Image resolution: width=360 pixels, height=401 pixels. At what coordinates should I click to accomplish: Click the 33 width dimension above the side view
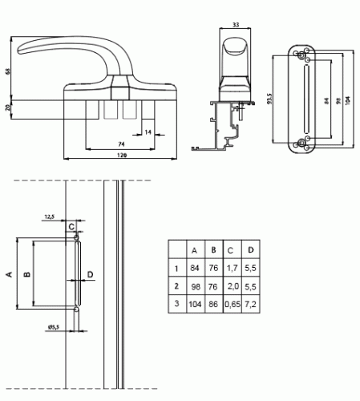pos(236,25)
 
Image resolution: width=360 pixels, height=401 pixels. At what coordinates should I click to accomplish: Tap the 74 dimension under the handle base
pos(121,144)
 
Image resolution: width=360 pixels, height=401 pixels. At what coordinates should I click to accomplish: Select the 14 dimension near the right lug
pos(148,132)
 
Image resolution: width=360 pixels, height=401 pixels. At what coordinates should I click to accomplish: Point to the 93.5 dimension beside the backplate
pos(270,99)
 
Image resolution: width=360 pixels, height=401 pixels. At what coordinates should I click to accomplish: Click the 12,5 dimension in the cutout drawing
pos(49,217)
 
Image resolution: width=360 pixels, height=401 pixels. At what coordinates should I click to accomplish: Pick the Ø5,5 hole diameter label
pos(54,326)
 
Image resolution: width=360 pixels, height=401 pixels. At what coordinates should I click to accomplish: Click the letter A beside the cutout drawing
pos(10,274)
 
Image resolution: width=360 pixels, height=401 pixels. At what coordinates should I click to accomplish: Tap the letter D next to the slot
pos(91,274)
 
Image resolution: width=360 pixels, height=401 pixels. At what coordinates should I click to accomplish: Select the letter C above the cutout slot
pos(71,227)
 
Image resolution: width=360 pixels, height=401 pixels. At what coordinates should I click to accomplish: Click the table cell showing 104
pos(195,304)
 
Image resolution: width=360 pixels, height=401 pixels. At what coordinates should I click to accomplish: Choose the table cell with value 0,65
pos(233,304)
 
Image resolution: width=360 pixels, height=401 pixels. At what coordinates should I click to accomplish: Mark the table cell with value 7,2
pos(250,304)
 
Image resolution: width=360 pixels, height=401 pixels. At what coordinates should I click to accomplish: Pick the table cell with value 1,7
pos(232,268)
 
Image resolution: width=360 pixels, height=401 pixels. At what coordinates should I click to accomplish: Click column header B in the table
pos(213,250)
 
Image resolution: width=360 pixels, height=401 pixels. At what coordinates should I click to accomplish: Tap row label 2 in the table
pos(176,286)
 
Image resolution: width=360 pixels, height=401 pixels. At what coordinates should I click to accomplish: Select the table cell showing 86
pos(213,304)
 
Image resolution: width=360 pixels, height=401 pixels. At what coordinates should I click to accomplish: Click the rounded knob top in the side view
pos(235,46)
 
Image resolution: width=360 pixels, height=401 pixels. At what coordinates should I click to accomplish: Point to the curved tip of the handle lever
pos(20,51)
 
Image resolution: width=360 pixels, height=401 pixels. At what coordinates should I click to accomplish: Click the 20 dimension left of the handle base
pos(8,107)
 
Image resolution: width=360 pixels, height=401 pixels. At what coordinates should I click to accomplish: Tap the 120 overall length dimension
pos(122,155)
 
